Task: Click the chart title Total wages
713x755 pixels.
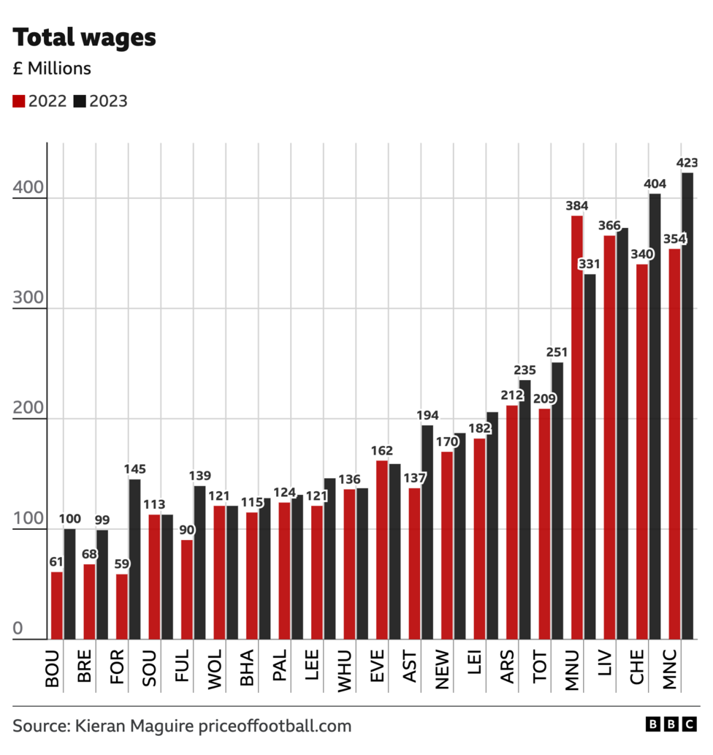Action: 84,37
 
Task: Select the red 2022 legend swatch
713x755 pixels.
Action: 19,101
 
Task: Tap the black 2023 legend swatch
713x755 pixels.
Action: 80,101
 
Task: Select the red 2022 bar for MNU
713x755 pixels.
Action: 577,428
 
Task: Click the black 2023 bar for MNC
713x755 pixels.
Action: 687,406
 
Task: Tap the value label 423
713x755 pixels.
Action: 687,162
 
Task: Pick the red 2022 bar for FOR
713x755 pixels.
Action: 121,607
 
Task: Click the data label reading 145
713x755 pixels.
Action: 134,468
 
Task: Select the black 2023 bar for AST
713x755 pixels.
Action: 427,532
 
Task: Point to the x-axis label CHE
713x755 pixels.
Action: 637,667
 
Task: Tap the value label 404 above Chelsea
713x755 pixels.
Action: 655,183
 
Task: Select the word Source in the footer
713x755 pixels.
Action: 39,726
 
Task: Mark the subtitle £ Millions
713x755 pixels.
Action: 52,69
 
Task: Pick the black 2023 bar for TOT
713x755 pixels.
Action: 557,501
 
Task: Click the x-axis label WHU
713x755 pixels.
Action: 344,667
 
